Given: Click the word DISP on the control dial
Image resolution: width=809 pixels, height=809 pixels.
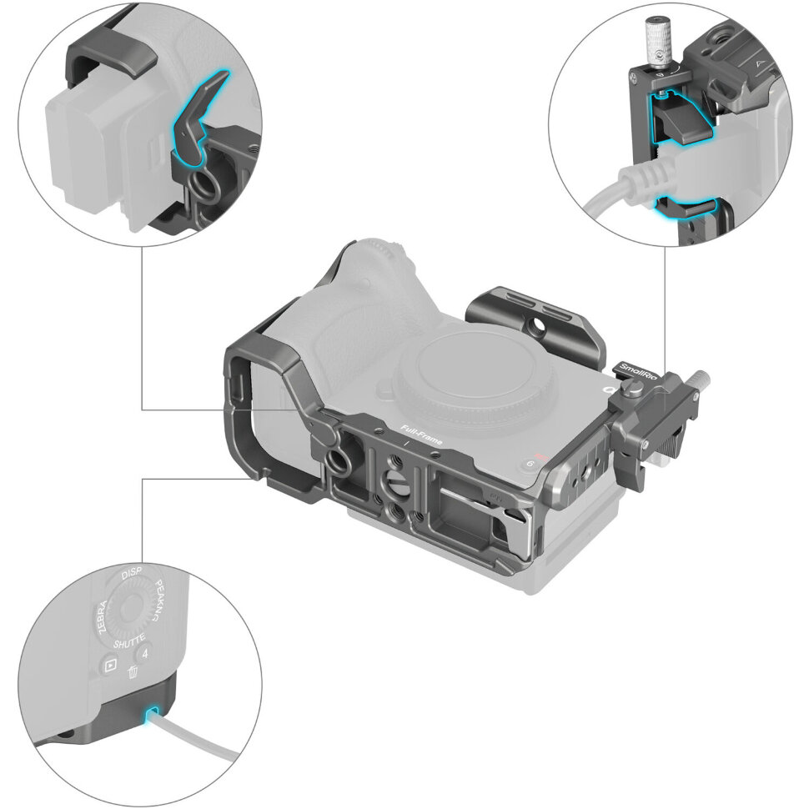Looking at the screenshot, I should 132,576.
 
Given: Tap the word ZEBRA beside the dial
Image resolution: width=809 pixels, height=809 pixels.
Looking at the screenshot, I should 103,618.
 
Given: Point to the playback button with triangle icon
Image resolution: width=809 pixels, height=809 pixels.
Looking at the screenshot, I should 109,666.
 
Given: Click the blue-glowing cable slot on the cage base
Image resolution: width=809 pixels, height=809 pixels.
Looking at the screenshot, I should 153,716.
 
